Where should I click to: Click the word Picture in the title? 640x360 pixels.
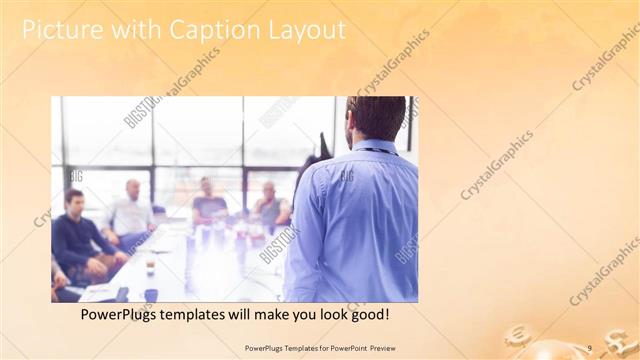point(60,30)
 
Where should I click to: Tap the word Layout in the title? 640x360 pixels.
point(303,30)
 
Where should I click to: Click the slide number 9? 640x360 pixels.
point(590,347)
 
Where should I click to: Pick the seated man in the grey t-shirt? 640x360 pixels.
point(208,205)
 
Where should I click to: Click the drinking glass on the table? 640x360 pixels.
point(150,264)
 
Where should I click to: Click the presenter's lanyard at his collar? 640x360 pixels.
point(378,151)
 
